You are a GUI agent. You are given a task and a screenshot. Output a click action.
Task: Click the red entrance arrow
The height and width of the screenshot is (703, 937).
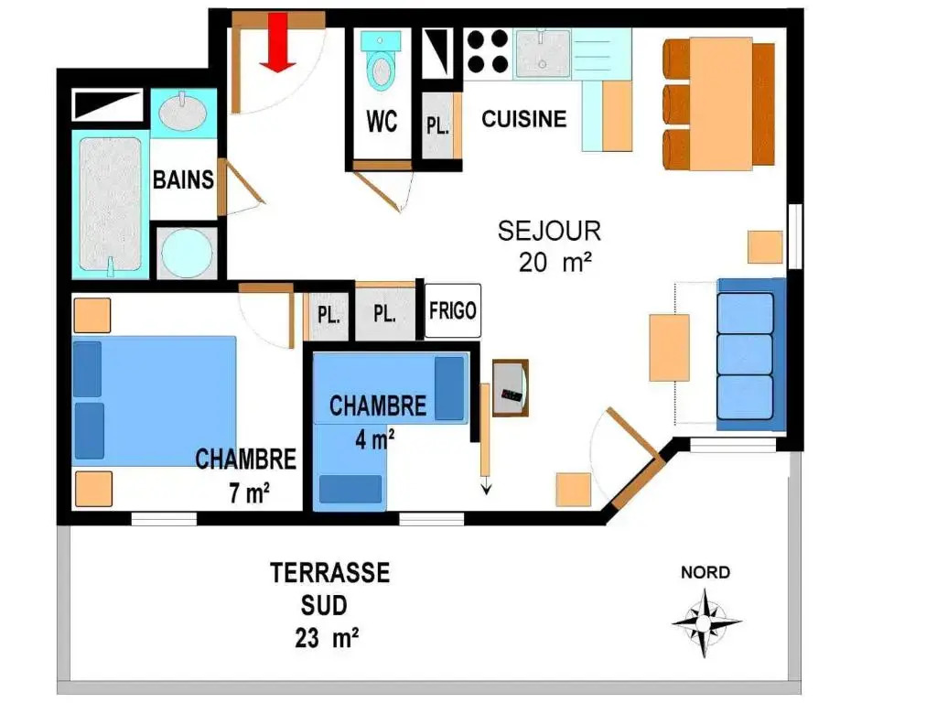point(278,42)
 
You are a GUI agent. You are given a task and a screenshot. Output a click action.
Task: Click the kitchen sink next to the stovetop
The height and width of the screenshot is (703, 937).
point(543,54)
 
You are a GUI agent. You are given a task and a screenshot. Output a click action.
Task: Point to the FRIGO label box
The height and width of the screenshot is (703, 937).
point(452,311)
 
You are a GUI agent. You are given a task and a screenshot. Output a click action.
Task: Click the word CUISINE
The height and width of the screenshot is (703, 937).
point(524,119)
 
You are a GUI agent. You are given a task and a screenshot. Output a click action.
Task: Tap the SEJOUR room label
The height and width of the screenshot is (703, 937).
point(549,232)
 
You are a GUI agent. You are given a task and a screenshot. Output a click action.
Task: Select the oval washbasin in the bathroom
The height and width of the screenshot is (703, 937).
point(183,113)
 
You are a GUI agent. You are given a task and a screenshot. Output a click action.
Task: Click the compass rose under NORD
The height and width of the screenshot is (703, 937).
point(705,622)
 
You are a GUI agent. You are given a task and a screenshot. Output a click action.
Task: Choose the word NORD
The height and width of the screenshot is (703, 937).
point(705,573)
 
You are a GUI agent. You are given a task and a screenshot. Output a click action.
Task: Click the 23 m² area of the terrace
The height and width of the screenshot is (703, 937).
point(327,638)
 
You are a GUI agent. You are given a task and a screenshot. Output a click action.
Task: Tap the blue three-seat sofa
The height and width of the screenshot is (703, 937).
point(751,354)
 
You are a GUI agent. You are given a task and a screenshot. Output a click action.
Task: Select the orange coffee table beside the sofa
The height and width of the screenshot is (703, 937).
point(669,347)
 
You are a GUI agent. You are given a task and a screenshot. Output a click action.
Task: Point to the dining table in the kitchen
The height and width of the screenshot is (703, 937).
point(721,103)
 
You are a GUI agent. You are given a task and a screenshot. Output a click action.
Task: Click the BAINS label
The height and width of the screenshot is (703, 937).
point(183,180)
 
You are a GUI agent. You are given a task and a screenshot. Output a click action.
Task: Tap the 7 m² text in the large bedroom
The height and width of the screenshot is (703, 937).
point(249,493)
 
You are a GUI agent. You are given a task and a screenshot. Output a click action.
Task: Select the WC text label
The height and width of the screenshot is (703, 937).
point(382,122)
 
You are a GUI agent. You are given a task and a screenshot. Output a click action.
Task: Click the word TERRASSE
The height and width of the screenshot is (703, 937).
point(329,573)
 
